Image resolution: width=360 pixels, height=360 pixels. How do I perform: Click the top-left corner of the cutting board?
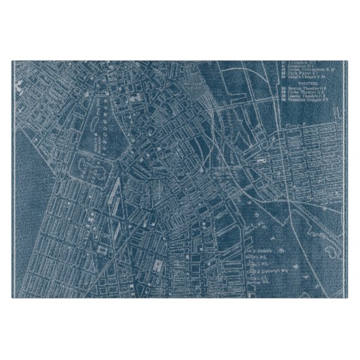tap(12, 62)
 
